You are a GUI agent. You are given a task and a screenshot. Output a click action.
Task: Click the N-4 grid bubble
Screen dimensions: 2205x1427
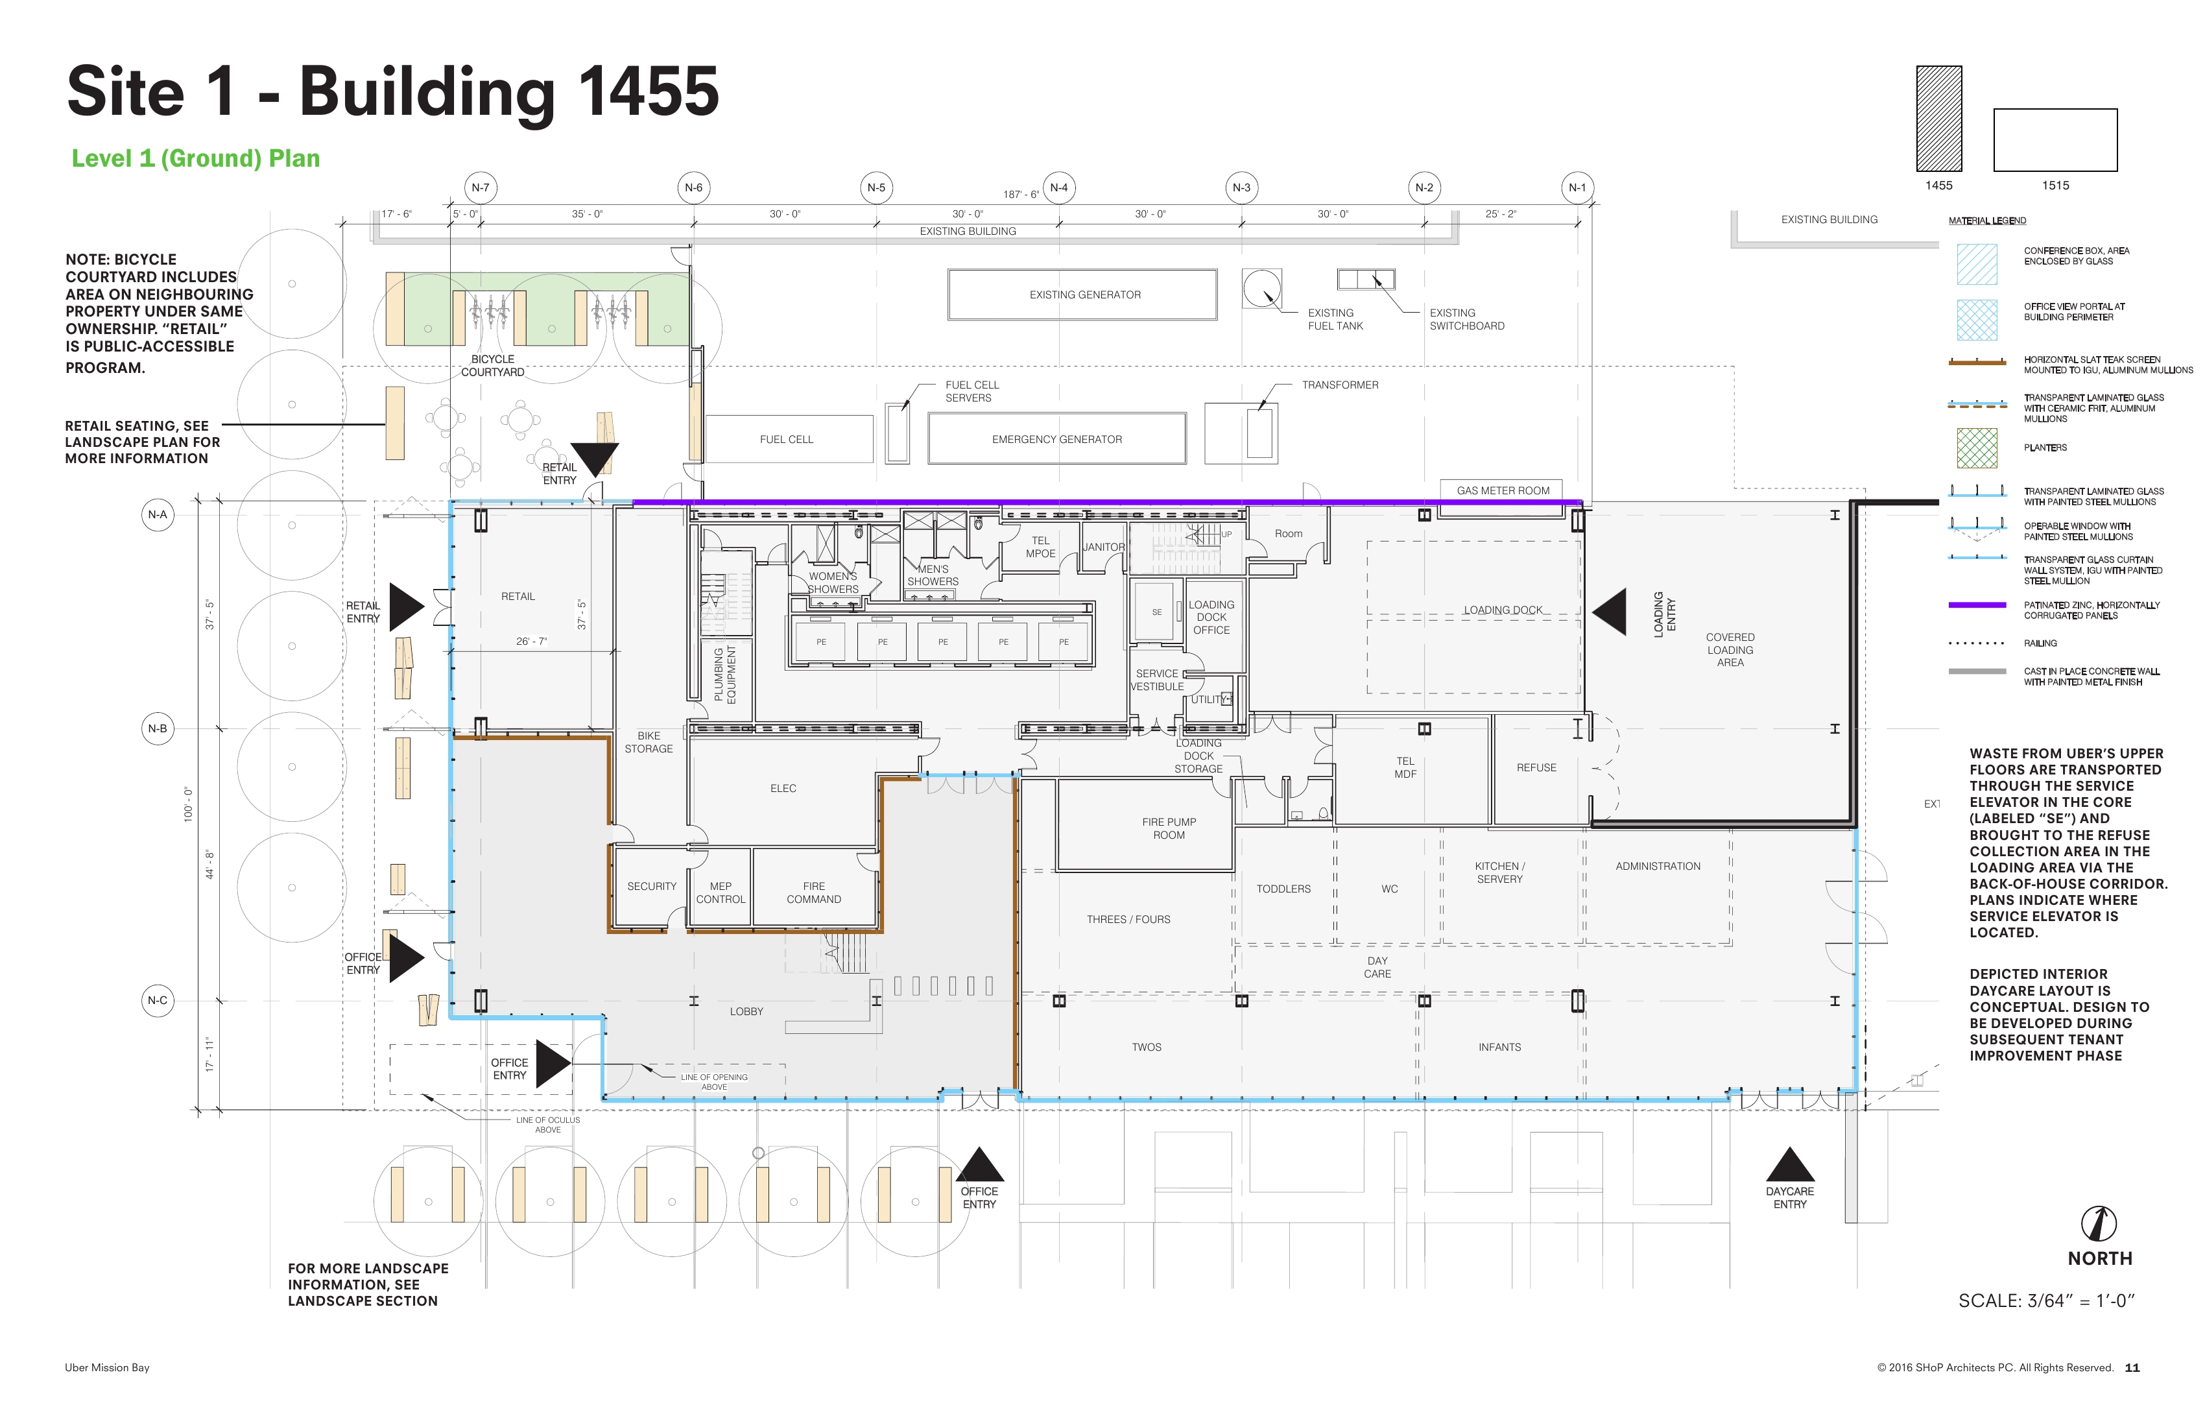pos(1059,188)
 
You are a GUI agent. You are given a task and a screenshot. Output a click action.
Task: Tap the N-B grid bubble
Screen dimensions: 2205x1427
pos(158,729)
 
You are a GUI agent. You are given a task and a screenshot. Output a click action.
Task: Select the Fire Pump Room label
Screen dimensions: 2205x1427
pos(1169,828)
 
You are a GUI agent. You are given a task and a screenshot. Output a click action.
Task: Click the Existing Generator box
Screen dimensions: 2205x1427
pos(1082,294)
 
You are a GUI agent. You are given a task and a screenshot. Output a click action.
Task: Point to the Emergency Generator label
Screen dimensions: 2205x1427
pos(1057,439)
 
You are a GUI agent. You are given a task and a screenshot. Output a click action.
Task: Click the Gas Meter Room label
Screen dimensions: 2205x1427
pos(1503,491)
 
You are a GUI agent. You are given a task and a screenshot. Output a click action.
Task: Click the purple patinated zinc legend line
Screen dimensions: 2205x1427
pos(1977,605)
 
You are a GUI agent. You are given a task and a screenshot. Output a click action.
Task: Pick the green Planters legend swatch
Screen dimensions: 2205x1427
pos(1977,448)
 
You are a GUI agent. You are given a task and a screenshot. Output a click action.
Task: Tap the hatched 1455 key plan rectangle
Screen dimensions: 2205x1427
pos(1939,119)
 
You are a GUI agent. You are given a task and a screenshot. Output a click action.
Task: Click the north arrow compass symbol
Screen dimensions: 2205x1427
pos(2099,1223)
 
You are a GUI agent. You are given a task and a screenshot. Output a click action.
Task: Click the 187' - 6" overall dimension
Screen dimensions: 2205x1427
pos(1021,195)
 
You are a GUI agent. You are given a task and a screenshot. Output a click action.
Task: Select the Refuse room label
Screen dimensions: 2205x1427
pos(1536,768)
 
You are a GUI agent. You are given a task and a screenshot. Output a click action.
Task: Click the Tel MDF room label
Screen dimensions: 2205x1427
pos(1405,768)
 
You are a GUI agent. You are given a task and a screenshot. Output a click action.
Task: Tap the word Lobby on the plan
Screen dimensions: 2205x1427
pos(746,1012)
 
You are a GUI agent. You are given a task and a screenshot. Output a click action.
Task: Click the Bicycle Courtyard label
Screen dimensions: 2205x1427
pos(493,366)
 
